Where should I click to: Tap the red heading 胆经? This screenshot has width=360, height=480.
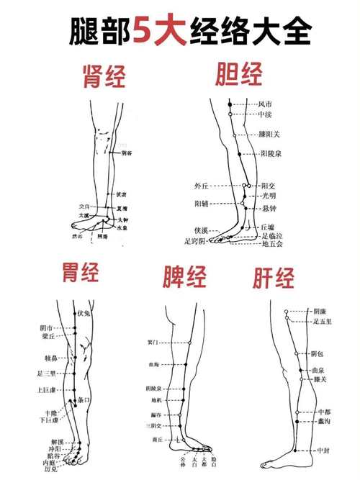239,73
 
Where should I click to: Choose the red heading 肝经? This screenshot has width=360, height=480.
274,277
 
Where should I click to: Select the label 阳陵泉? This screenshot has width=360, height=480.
271,153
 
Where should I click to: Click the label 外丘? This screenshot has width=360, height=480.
201,185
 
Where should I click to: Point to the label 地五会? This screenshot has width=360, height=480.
273,244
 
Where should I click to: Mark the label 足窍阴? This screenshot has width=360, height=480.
195,241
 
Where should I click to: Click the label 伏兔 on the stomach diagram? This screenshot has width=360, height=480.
83,314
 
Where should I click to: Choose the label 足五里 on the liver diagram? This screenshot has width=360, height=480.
323,322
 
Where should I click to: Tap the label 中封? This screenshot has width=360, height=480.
323,450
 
